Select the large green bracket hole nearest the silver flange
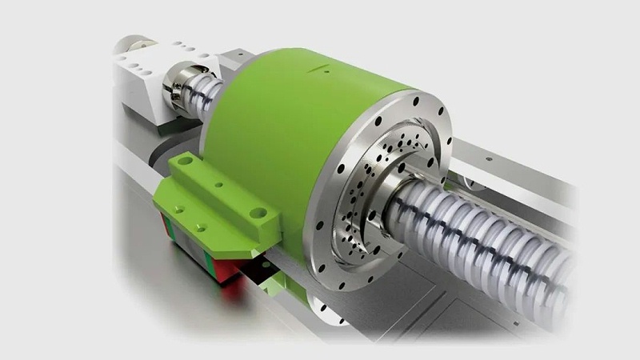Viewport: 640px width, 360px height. click(x=258, y=213)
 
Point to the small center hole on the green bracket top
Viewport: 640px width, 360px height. click(x=218, y=185)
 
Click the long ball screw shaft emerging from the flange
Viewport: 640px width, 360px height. click(x=496, y=240)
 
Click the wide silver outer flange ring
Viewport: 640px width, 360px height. click(x=336, y=240)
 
